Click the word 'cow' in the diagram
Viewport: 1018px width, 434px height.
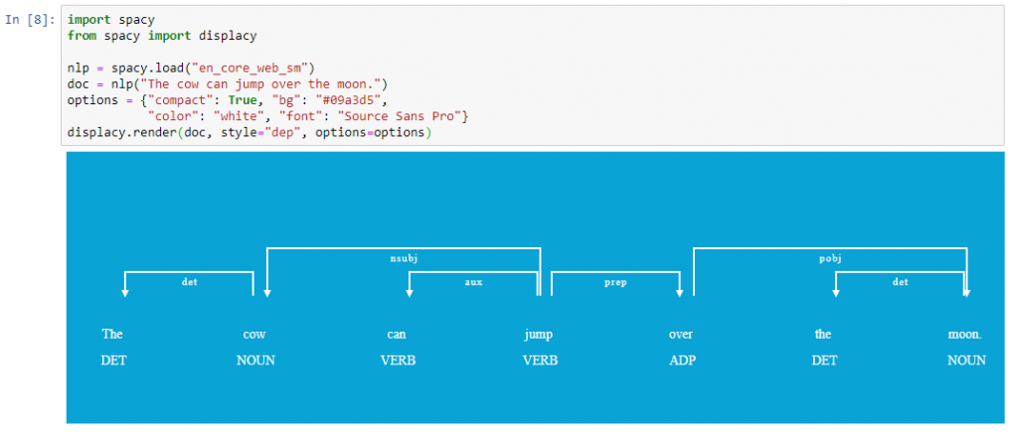click(254, 335)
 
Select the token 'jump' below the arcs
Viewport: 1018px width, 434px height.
click(539, 335)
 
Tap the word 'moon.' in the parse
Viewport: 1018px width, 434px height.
click(965, 335)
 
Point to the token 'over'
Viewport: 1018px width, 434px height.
click(681, 335)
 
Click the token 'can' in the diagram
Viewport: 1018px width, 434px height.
click(397, 335)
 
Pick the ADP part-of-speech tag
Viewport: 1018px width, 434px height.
click(682, 361)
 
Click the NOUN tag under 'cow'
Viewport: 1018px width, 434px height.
click(255, 361)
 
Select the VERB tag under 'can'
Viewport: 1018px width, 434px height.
click(398, 361)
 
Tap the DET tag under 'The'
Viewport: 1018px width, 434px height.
click(113, 361)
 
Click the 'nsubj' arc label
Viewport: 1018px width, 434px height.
click(404, 258)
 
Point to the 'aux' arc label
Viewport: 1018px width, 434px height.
click(474, 282)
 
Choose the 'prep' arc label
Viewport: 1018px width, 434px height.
click(615, 282)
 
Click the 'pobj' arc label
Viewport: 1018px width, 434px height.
click(830, 258)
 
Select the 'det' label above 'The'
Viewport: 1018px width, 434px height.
click(189, 282)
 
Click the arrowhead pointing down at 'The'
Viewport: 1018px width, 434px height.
click(125, 293)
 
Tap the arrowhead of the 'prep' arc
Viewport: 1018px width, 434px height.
click(680, 293)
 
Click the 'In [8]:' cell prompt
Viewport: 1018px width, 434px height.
click(31, 20)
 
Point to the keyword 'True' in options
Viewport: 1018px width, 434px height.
click(241, 100)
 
